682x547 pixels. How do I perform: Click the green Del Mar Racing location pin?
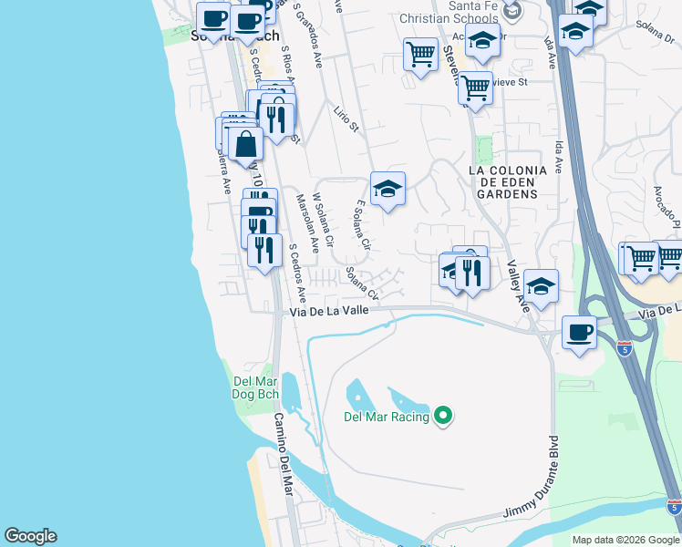pos(444,417)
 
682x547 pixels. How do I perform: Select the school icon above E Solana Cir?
pos(387,189)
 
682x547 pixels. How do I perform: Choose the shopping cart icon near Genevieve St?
pos(475,88)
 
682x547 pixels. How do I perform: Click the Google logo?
pos(30,536)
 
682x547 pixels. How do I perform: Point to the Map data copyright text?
pos(625,540)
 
